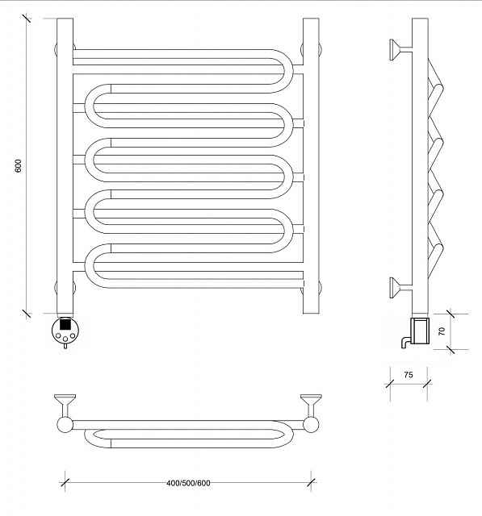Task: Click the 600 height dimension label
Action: point(19,165)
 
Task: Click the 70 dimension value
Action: point(442,331)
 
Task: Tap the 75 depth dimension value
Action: point(409,374)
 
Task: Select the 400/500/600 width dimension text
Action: point(188,483)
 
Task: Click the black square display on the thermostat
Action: point(65,324)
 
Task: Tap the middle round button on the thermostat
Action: point(65,339)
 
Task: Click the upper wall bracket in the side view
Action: point(400,50)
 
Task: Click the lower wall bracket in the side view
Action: point(400,288)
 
